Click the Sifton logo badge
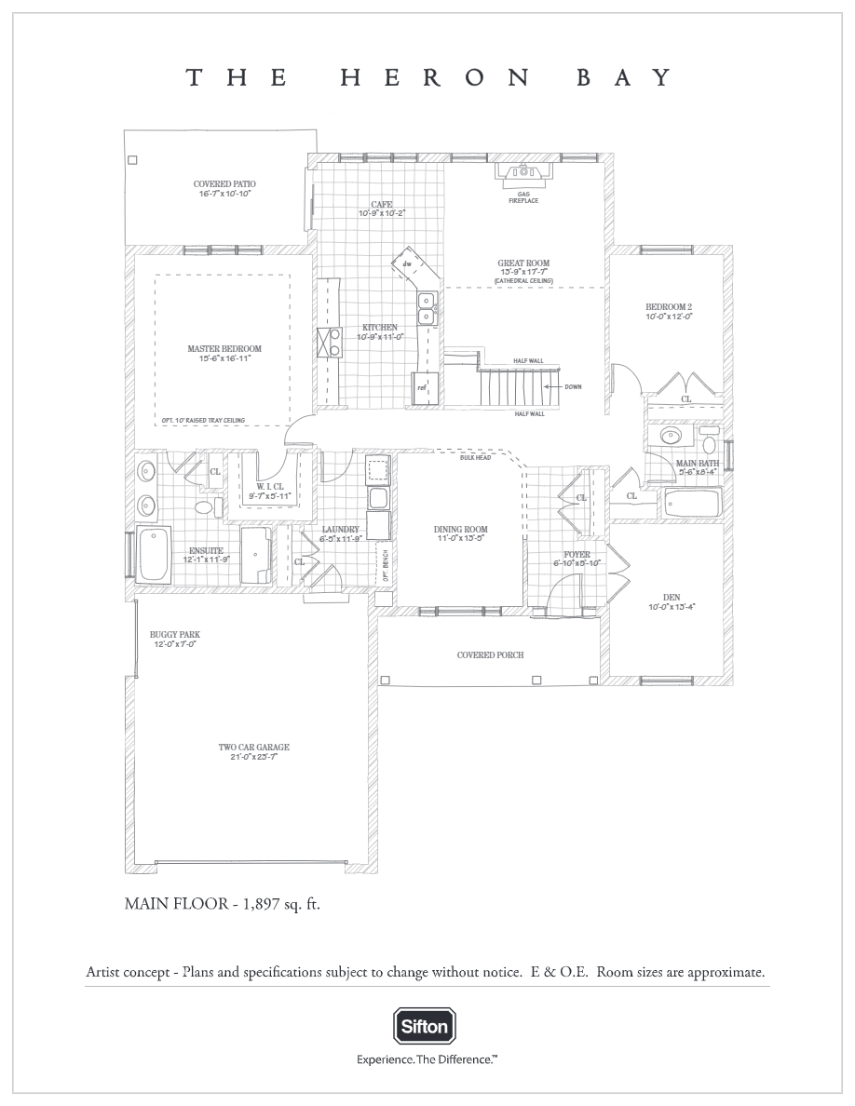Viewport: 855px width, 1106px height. tap(425, 1027)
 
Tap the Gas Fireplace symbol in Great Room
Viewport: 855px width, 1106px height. tap(523, 173)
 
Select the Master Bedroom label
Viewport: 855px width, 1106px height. tap(224, 349)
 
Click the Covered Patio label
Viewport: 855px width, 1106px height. tap(224, 184)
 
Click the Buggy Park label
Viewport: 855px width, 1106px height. tap(175, 635)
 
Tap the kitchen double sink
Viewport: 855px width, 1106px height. tap(427, 309)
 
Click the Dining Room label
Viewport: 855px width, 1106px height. tap(461, 530)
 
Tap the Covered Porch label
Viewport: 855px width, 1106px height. tap(490, 654)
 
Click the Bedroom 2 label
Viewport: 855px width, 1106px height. tap(669, 307)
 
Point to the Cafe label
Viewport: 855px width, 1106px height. tap(382, 205)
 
